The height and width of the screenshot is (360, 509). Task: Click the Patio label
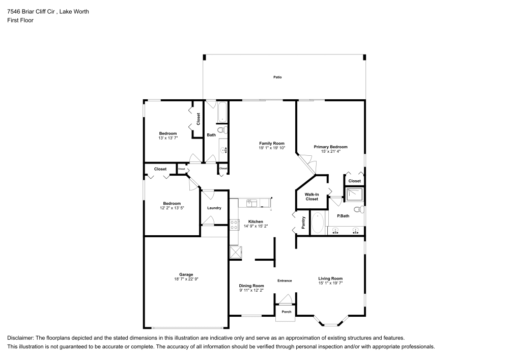click(x=277, y=77)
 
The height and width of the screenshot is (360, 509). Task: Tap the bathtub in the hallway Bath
click(x=222, y=112)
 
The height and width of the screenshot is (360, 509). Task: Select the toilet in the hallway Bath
click(x=222, y=131)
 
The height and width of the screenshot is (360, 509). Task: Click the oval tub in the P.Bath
click(x=318, y=223)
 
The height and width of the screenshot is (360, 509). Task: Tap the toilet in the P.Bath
click(x=358, y=209)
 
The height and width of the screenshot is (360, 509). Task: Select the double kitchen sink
click(x=252, y=204)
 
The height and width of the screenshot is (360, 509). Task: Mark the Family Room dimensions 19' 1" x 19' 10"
click(x=272, y=148)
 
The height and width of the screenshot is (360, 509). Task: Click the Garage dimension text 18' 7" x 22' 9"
click(x=186, y=279)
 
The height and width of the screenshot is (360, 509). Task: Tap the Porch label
click(x=287, y=312)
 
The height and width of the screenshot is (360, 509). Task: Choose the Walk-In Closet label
click(x=312, y=197)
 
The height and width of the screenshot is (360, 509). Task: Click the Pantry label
click(x=304, y=222)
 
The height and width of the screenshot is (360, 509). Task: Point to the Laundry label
click(x=214, y=208)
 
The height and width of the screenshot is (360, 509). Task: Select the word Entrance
click(x=285, y=281)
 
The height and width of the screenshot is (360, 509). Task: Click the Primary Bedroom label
click(x=330, y=147)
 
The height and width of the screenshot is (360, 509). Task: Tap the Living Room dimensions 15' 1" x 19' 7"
click(x=330, y=283)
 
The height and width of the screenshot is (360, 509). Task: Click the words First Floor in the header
click(x=20, y=20)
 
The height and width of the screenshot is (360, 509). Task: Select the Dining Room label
click(x=251, y=286)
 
